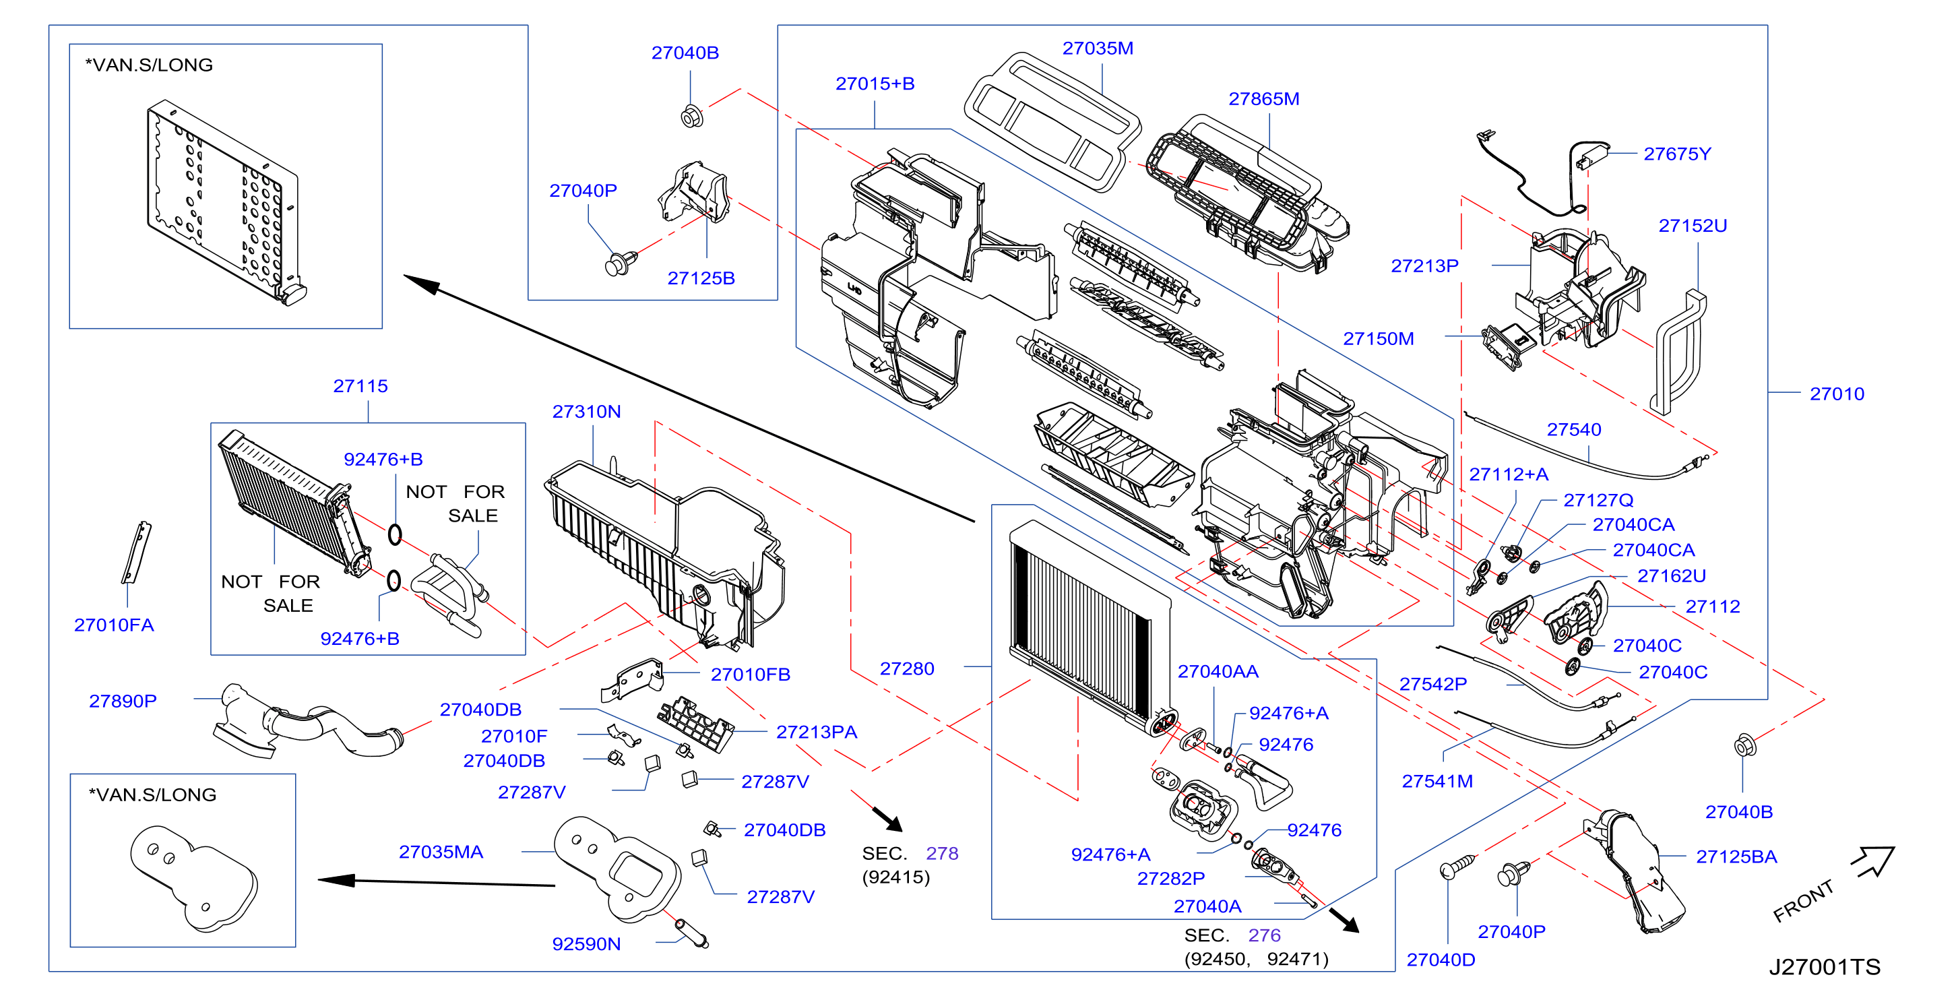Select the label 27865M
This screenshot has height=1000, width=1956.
(x=1263, y=100)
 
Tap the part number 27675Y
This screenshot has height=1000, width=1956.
(x=1676, y=154)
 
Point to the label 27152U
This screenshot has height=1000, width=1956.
(x=1693, y=226)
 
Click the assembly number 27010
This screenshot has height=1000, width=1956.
(x=1837, y=394)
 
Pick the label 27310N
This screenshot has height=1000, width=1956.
(x=586, y=412)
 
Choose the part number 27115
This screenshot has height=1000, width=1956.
(x=360, y=387)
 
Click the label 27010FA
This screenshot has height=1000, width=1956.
(x=114, y=625)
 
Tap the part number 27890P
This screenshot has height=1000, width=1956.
(x=123, y=701)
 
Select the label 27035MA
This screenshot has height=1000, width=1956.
(x=441, y=852)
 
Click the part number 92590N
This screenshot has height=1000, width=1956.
(x=586, y=944)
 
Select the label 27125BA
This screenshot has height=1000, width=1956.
(x=1736, y=857)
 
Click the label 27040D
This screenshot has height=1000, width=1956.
(x=1441, y=960)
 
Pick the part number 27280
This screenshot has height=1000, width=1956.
(x=907, y=669)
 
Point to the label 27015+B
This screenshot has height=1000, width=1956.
(x=875, y=84)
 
